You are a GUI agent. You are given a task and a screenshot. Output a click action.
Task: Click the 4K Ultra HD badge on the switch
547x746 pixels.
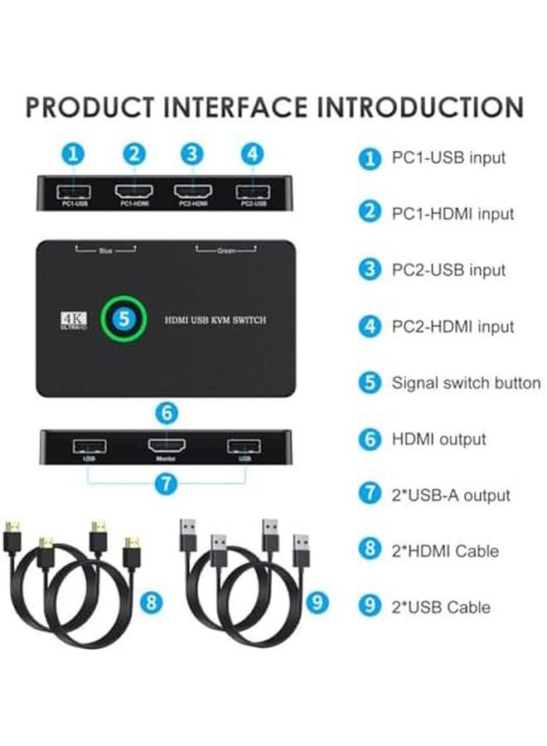(x=72, y=320)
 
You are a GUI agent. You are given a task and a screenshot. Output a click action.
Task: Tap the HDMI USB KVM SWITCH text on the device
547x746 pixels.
(x=215, y=320)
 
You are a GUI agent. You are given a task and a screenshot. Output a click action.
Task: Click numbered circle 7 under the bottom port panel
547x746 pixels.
(x=167, y=483)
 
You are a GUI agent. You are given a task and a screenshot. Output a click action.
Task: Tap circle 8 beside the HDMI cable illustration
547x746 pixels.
(x=150, y=603)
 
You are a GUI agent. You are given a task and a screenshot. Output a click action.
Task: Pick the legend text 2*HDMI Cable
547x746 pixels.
(x=445, y=551)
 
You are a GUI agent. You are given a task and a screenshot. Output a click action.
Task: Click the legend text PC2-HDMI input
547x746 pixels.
(x=453, y=327)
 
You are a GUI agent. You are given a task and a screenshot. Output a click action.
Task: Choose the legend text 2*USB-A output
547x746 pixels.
(x=451, y=496)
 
